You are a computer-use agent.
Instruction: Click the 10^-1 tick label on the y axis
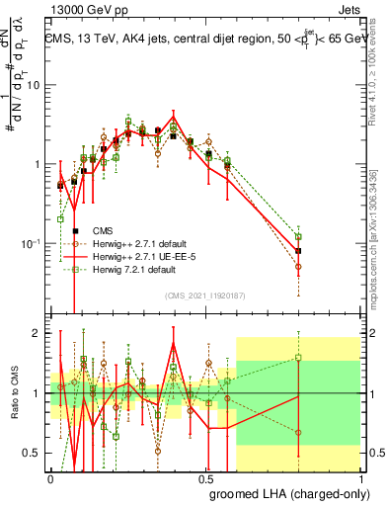32,243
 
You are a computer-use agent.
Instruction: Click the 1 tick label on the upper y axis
38,164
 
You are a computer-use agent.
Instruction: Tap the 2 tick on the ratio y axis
39,333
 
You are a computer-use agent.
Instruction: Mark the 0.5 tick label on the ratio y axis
34,453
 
